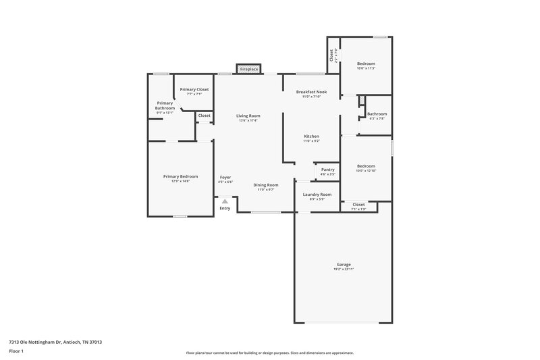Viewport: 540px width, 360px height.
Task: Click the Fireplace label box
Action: (248, 69)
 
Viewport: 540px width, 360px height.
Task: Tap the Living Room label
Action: (248, 115)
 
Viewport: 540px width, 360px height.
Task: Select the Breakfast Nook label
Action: (311, 91)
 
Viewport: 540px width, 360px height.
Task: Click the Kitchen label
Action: (311, 136)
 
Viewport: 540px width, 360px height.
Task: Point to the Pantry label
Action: (327, 170)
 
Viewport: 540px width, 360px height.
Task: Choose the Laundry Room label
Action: (317, 195)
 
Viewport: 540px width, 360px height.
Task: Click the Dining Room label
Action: (265, 184)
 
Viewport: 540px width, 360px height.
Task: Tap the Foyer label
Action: (225, 177)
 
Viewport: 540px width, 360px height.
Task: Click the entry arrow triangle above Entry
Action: (225, 201)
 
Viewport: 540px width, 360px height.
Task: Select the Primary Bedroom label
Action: (180, 176)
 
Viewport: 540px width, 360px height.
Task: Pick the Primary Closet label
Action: (194, 89)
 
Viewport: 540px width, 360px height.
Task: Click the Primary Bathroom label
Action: (165, 105)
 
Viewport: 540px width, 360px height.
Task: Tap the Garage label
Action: (344, 264)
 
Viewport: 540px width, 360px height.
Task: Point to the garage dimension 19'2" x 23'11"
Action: (344, 269)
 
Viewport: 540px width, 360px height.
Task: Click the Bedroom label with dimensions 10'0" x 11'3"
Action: (366, 63)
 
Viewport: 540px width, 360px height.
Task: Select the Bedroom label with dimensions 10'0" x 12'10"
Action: (366, 165)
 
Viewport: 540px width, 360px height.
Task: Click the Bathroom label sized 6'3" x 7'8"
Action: (377, 113)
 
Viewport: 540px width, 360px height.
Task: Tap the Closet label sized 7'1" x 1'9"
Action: (358, 204)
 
